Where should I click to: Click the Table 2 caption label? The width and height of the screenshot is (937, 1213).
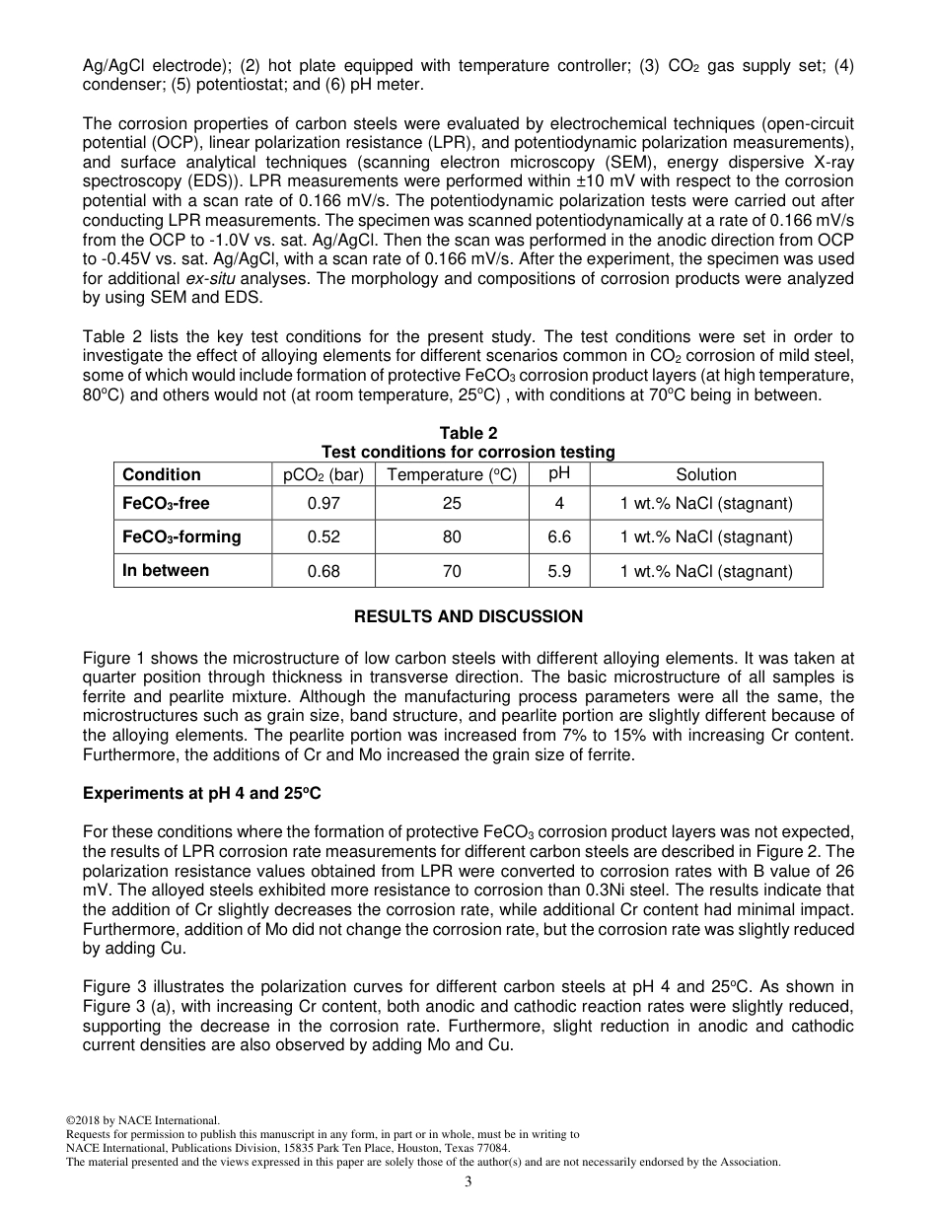click(468, 433)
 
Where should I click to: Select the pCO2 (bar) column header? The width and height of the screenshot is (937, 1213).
click(324, 474)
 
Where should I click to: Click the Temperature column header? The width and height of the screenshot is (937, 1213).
click(452, 474)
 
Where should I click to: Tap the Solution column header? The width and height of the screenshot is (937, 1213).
click(705, 474)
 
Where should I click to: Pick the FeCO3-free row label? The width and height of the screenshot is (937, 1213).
click(166, 504)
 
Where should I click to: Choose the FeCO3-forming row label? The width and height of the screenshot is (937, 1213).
click(181, 537)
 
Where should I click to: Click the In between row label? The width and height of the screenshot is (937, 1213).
click(166, 570)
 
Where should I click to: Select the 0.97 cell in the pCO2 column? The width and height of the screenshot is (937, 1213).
click(324, 504)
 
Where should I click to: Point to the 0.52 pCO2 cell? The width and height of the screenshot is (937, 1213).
click(324, 537)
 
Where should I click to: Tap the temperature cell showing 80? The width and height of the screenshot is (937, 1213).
click(452, 537)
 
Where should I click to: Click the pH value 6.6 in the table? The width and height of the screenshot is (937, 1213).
click(559, 537)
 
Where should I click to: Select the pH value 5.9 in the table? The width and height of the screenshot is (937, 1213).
click(559, 571)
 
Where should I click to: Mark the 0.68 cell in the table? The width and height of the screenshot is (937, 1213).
click(324, 571)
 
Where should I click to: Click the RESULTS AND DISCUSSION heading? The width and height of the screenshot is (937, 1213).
click(468, 617)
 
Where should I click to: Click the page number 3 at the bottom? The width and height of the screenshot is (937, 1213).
click(468, 1182)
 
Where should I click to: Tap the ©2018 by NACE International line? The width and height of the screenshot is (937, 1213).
click(142, 1120)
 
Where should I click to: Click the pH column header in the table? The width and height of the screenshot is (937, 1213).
click(559, 472)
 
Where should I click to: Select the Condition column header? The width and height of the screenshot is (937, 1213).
click(162, 474)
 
